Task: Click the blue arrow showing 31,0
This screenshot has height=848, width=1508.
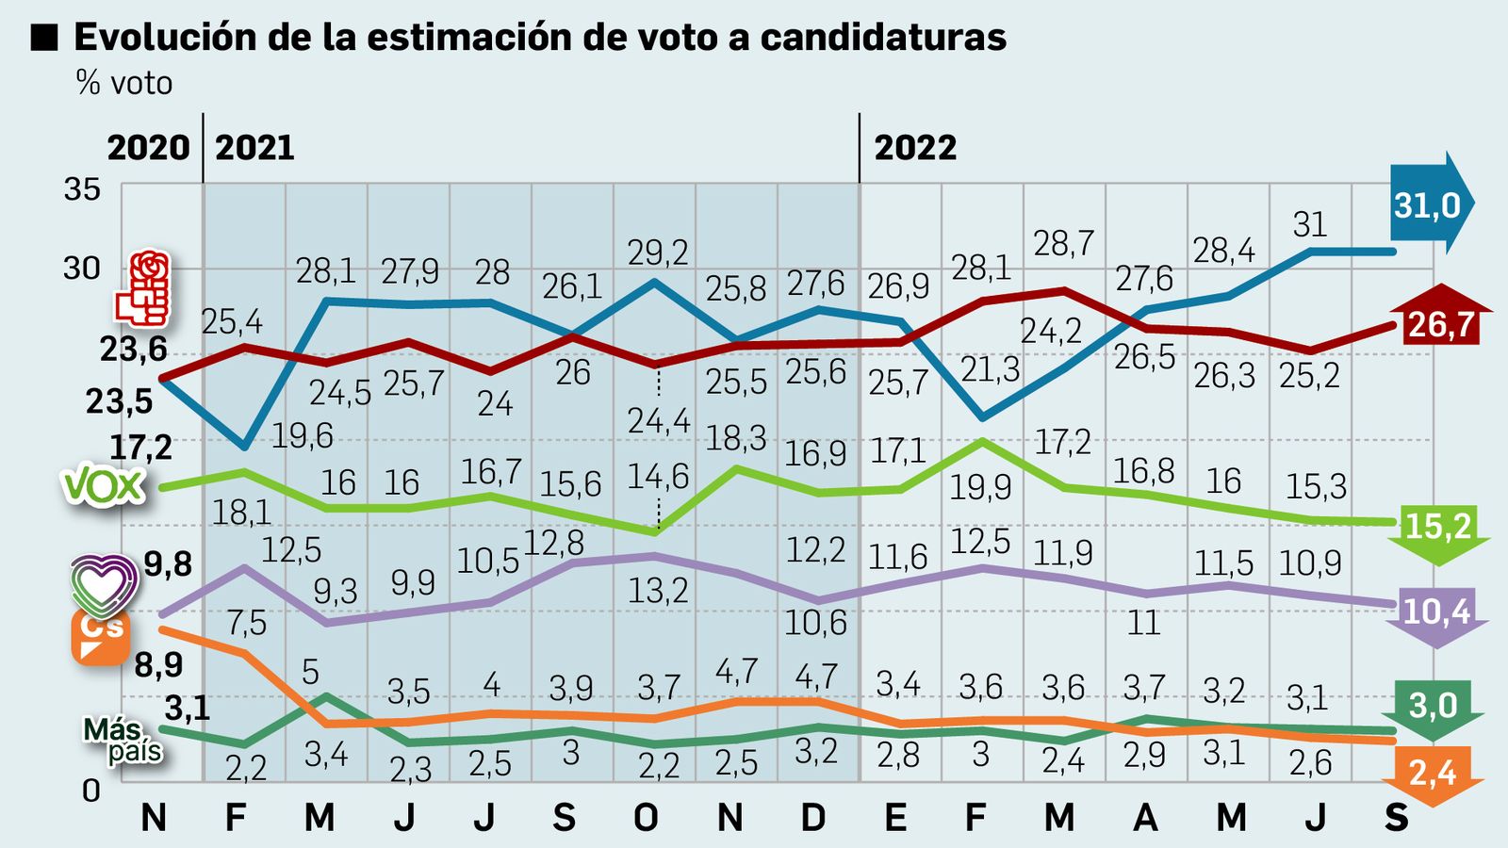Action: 1429,204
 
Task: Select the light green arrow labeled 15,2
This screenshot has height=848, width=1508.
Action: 1437,529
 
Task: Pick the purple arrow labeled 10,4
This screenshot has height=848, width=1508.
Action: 1436,614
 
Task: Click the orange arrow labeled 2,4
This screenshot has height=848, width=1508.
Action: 1433,776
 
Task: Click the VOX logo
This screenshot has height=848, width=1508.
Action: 104,487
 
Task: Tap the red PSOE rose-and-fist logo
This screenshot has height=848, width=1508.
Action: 143,287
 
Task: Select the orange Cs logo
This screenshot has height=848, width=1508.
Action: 101,637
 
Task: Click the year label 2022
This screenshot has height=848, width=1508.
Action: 914,148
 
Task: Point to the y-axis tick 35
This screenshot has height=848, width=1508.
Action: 82,189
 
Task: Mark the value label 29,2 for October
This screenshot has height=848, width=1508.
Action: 657,253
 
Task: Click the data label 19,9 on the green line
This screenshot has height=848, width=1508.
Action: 980,487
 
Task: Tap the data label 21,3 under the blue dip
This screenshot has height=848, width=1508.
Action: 990,369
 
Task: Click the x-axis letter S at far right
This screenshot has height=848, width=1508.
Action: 1396,817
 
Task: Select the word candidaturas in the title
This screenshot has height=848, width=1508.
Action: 883,37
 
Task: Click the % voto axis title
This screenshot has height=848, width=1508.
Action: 124,83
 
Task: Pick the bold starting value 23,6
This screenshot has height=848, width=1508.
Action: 133,350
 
